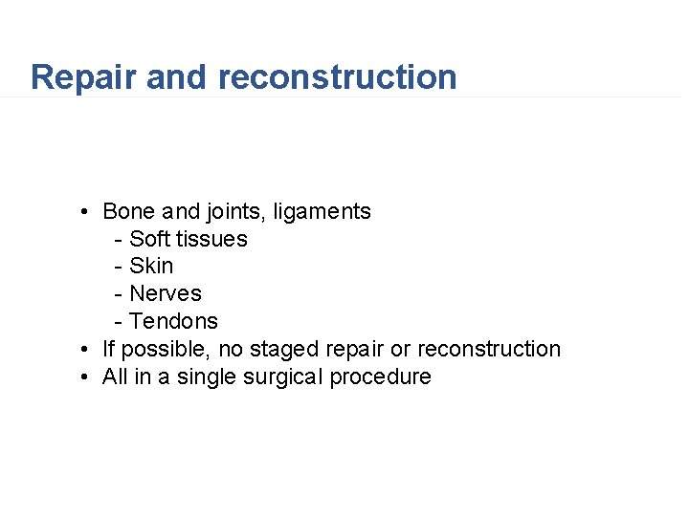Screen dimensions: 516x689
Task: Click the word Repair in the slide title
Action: [83, 77]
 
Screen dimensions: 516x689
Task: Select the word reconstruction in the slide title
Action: [338, 77]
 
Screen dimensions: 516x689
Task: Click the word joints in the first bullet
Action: [235, 211]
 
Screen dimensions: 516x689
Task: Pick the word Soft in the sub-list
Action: [148, 239]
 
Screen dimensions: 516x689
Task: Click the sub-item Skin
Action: [151, 266]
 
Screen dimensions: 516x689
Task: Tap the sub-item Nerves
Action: [166, 293]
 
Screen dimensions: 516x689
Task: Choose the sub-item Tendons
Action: [173, 321]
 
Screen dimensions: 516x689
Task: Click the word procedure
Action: [380, 377]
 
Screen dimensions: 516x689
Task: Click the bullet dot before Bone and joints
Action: [85, 212]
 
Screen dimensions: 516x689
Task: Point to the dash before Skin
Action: [118, 267]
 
